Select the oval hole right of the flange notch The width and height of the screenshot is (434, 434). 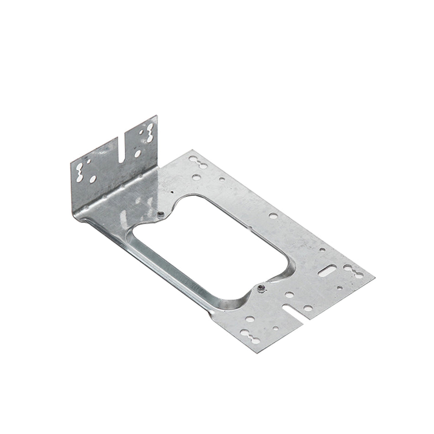click(x=138, y=153)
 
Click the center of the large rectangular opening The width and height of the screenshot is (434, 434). click(x=210, y=249)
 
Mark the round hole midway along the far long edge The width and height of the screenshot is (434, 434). click(x=273, y=215)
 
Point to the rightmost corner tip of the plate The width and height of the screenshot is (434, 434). click(x=375, y=277)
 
